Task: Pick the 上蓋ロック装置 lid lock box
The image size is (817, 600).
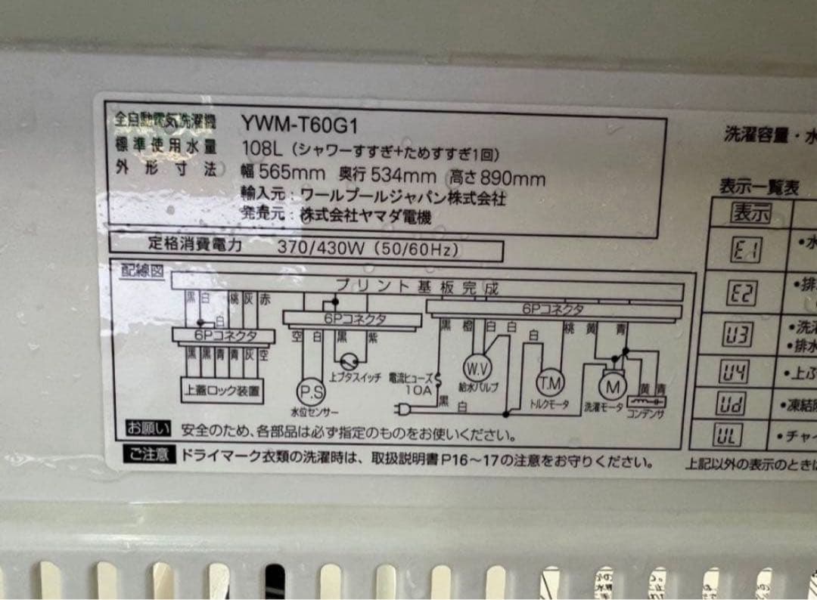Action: (222, 391)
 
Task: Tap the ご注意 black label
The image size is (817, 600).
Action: (148, 456)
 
